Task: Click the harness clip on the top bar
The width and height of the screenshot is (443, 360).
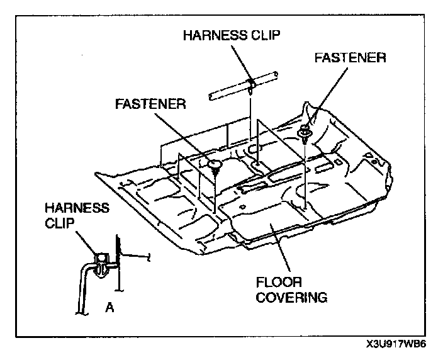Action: pos(251,82)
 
